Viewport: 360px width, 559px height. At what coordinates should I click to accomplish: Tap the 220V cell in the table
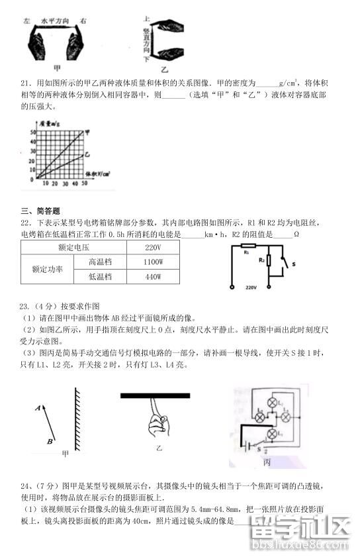pyautogui.click(x=153, y=247)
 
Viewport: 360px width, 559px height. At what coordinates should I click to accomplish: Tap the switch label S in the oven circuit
pyautogui.click(x=294, y=264)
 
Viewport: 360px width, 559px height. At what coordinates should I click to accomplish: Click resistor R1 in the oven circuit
pyautogui.click(x=246, y=250)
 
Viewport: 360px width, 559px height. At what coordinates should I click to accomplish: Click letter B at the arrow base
pyautogui.click(x=50, y=440)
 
